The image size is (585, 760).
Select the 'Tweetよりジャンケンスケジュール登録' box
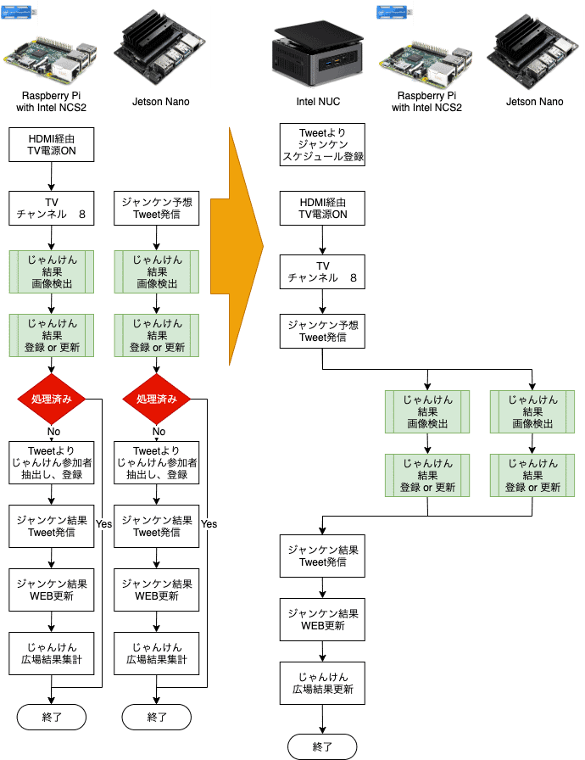click(322, 145)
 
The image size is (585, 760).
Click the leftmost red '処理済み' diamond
click(53, 399)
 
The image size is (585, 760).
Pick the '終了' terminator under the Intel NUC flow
click(322, 746)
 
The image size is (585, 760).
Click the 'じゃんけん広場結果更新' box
click(322, 683)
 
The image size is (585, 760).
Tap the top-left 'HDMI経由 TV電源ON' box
click(53, 145)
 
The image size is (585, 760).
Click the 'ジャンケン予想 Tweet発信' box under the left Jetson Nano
click(157, 208)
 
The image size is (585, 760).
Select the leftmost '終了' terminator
click(53, 717)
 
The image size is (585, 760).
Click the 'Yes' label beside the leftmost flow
click(103, 523)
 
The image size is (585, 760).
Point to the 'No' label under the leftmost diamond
click(53, 431)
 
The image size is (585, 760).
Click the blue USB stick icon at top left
click(19, 14)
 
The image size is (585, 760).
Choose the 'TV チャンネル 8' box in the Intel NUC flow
click(322, 271)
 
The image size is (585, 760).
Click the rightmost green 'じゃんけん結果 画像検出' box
click(532, 411)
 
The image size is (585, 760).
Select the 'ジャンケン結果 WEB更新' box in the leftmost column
click(53, 590)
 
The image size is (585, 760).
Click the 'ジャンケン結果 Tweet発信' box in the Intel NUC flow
click(322, 556)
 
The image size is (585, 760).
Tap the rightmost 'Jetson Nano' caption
click(533, 103)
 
